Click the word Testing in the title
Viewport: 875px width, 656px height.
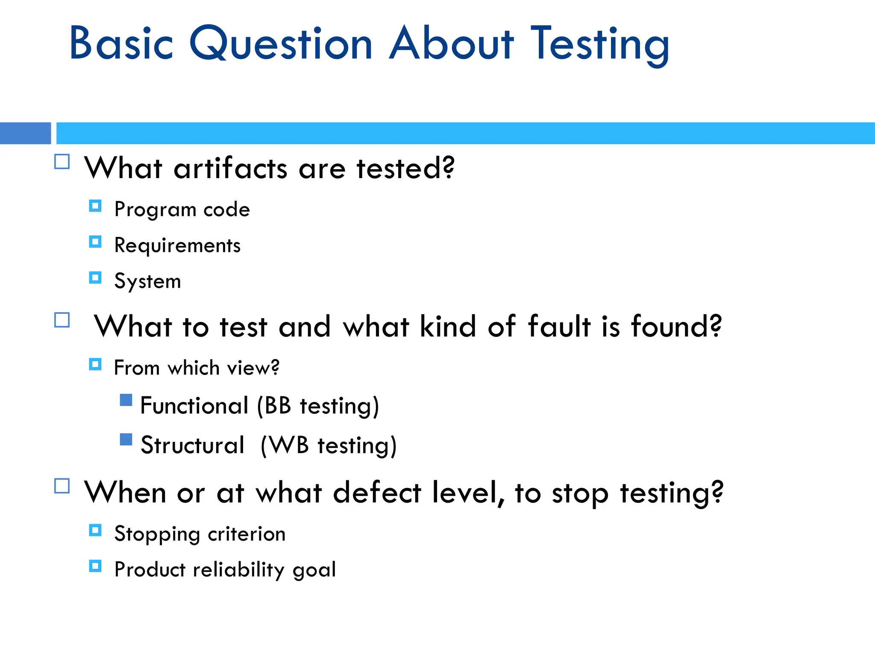click(599, 44)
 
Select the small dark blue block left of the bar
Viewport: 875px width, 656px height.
click(25, 133)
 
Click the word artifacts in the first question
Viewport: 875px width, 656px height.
click(230, 168)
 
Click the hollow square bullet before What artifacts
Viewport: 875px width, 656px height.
click(62, 162)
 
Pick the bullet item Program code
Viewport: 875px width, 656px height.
click(182, 209)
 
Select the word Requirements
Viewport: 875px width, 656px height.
click(177, 245)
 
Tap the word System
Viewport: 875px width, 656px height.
click(147, 281)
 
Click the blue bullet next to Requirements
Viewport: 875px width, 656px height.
click(95, 242)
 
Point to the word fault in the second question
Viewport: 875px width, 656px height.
click(559, 326)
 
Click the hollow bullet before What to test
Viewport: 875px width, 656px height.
click(62, 320)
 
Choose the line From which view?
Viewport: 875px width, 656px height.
click(197, 368)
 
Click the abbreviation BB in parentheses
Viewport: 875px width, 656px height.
click(278, 405)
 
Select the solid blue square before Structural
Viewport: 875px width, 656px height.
click(126, 439)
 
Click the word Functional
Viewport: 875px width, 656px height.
click(194, 405)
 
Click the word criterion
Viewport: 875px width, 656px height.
click(247, 534)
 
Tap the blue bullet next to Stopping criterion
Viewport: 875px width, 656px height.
click(95, 530)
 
